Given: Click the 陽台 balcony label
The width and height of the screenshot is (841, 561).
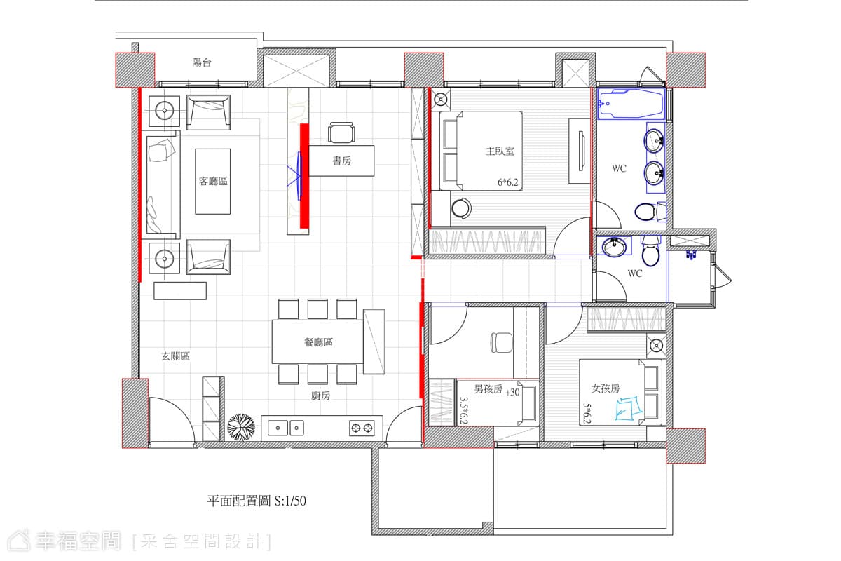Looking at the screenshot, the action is [x=202, y=62].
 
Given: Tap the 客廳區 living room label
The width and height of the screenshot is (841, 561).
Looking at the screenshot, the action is [x=213, y=182].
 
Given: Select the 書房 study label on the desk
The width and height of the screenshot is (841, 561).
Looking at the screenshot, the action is [x=342, y=161].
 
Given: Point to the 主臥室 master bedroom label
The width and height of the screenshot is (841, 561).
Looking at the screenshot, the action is [x=500, y=151].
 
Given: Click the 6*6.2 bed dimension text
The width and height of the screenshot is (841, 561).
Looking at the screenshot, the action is [x=507, y=182].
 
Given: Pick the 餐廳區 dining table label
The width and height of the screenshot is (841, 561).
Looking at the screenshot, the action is [x=318, y=342].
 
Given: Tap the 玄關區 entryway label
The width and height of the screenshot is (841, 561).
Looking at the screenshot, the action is [x=175, y=356].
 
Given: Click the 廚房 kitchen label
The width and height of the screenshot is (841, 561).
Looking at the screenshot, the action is [x=321, y=396].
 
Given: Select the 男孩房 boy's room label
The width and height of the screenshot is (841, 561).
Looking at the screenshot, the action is [x=488, y=389].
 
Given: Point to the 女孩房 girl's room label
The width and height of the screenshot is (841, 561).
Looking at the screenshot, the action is [x=606, y=388].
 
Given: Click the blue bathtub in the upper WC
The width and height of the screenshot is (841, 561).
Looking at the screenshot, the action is [x=631, y=104].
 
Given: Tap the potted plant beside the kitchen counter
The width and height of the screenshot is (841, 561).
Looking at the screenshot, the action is [x=241, y=427].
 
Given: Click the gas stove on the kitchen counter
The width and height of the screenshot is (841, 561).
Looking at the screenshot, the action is [x=362, y=428].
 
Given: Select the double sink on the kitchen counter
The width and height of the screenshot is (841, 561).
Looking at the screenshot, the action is [x=286, y=428].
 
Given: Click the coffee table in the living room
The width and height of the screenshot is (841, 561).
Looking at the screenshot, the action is [x=213, y=182].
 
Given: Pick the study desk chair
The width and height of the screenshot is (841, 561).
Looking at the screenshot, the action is [x=341, y=133].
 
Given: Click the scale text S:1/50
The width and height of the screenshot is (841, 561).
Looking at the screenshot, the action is [x=290, y=501].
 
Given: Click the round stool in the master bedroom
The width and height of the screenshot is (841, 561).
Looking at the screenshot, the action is [x=461, y=208].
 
